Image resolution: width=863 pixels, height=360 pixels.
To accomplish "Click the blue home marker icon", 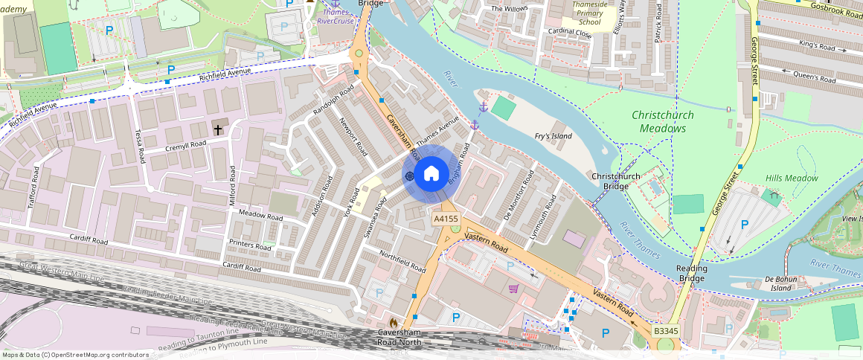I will point(431,175).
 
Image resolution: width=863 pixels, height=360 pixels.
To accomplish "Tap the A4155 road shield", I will point(446,219).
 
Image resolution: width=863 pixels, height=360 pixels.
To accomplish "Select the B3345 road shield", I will point(666,330).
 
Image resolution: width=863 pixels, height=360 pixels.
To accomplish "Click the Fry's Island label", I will point(554,136).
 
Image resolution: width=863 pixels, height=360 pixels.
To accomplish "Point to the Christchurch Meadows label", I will point(663,121).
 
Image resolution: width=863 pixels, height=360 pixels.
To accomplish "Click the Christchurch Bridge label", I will point(615,181).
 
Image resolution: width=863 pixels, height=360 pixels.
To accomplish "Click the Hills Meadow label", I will point(792,178).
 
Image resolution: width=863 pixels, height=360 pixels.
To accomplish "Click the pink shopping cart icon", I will point(513,289).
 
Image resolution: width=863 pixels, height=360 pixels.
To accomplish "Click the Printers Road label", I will point(251,245).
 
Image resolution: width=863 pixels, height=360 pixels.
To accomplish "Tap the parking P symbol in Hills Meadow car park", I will point(744,224).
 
